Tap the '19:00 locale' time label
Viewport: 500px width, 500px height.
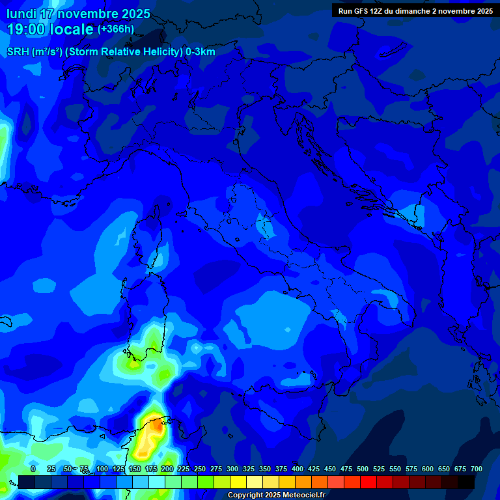(50, 29)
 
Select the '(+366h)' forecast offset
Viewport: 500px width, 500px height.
(115, 29)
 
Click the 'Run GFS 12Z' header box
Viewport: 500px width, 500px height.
(415, 10)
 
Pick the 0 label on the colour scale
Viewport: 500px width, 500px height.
(33, 469)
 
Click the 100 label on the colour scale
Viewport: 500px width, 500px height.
(102, 469)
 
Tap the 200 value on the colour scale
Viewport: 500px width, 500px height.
(167, 469)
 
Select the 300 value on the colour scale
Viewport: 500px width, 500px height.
(232, 469)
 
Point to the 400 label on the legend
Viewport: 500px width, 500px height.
(298, 469)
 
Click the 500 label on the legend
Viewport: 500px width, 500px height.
(363, 469)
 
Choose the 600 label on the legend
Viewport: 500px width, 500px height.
(428, 469)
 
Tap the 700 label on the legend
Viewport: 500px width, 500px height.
(477, 469)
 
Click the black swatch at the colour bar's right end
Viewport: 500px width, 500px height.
(466, 482)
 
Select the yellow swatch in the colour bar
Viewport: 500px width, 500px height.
(238, 482)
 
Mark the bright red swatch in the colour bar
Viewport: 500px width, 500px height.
(368, 482)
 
